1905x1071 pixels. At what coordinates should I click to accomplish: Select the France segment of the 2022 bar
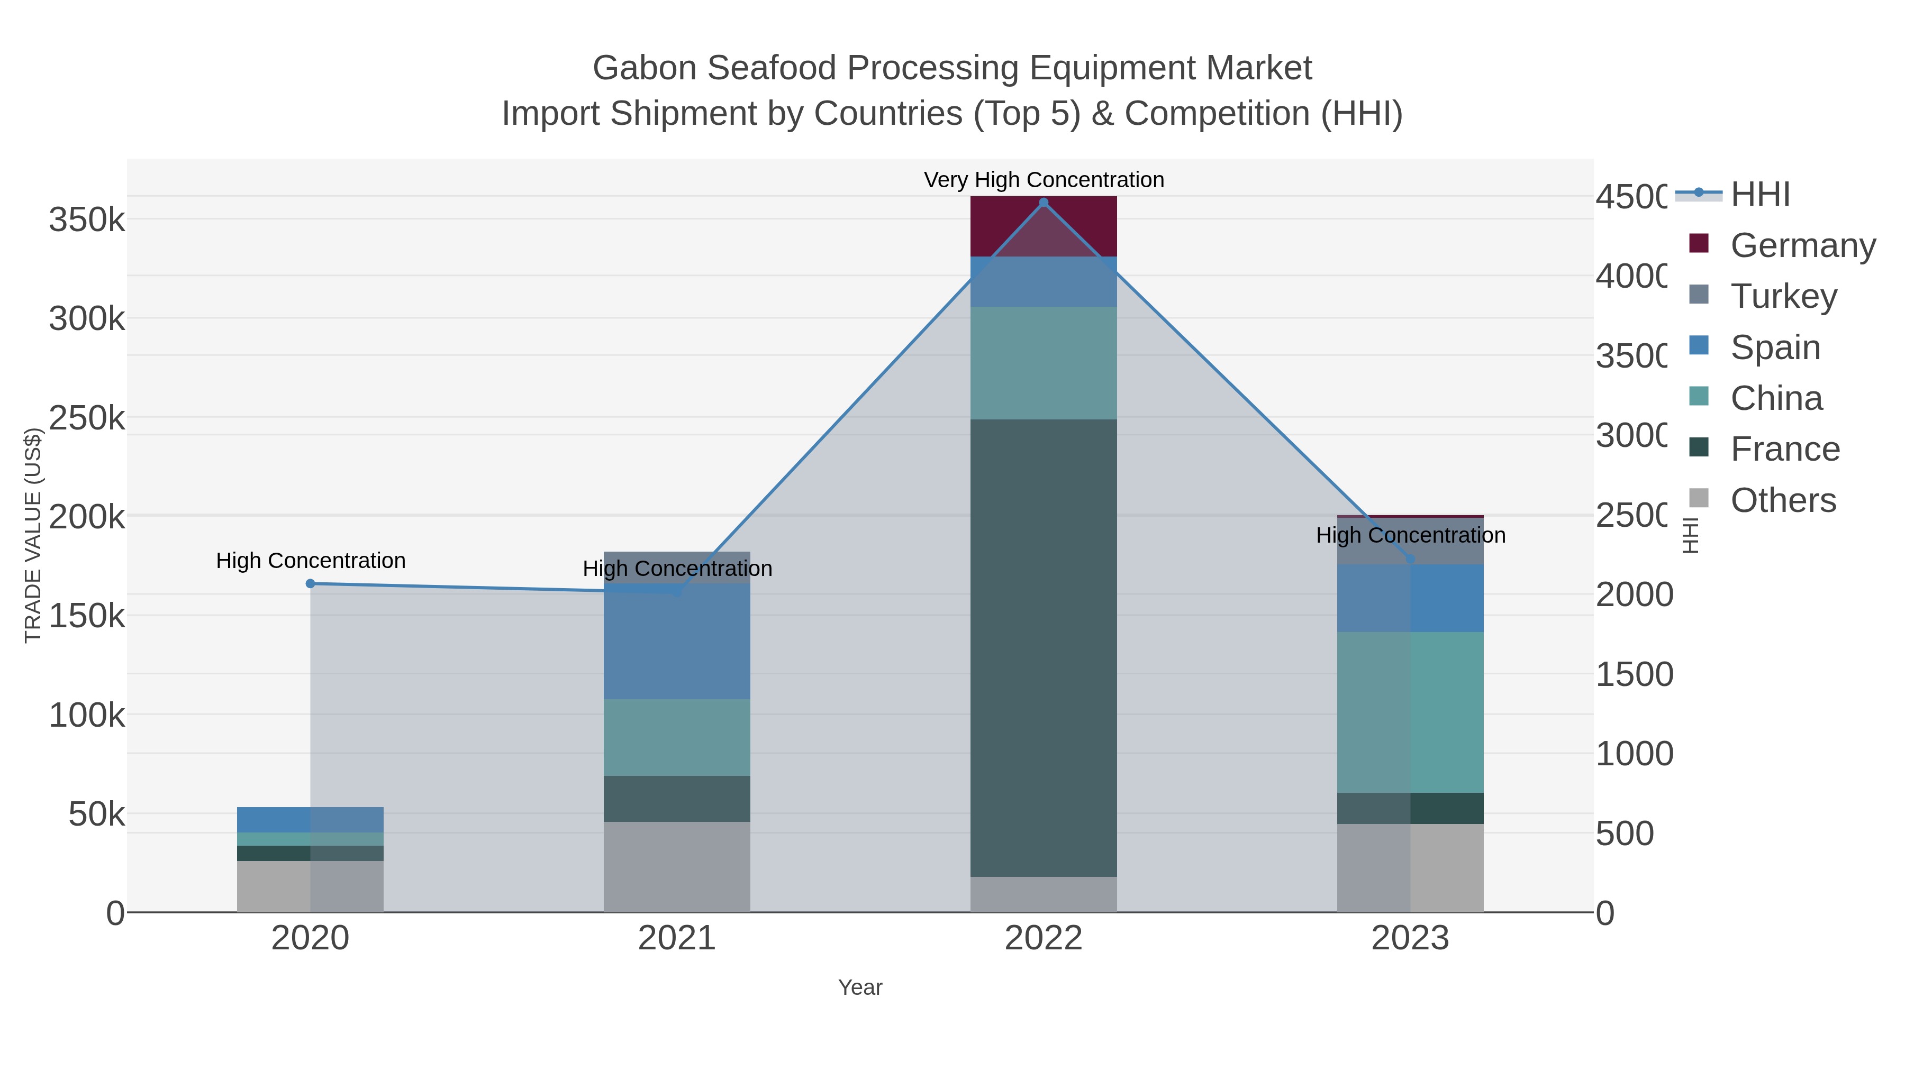1044,647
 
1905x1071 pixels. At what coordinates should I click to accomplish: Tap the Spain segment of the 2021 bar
677,641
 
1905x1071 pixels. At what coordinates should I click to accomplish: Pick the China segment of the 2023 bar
1410,712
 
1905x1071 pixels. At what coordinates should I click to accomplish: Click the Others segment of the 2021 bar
677,866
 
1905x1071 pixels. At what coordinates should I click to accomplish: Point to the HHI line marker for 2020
311,584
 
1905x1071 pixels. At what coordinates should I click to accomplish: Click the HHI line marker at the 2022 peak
1044,203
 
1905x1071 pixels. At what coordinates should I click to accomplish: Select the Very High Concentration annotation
1044,180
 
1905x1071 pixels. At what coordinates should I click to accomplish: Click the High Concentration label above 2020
311,560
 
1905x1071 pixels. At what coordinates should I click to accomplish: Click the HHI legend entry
1760,195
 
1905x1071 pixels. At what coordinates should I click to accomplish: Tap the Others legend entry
1782,500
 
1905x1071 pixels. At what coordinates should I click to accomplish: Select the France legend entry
1784,450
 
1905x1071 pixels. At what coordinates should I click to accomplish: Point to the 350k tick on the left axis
87,220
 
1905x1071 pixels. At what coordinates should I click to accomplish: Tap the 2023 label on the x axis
1410,938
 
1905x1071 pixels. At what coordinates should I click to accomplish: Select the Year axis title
860,987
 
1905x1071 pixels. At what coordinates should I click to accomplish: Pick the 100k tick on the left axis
87,716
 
